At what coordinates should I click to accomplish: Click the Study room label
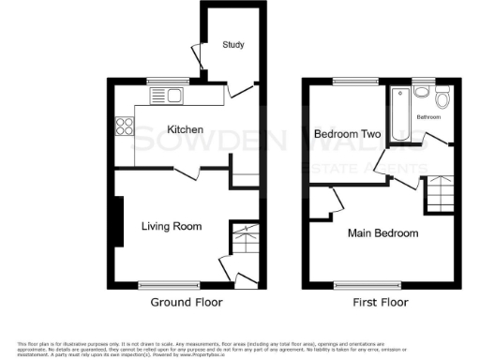coord(232,45)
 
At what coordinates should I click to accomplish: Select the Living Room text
coord(172,226)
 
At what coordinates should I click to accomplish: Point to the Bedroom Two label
coord(347,135)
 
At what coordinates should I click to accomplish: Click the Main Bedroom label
coord(382,232)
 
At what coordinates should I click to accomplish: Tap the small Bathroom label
coord(428,118)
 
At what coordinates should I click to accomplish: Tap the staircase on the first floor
coord(441,196)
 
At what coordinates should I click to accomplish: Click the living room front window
coord(157,283)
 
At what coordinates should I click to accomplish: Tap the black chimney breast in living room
coord(118,220)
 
